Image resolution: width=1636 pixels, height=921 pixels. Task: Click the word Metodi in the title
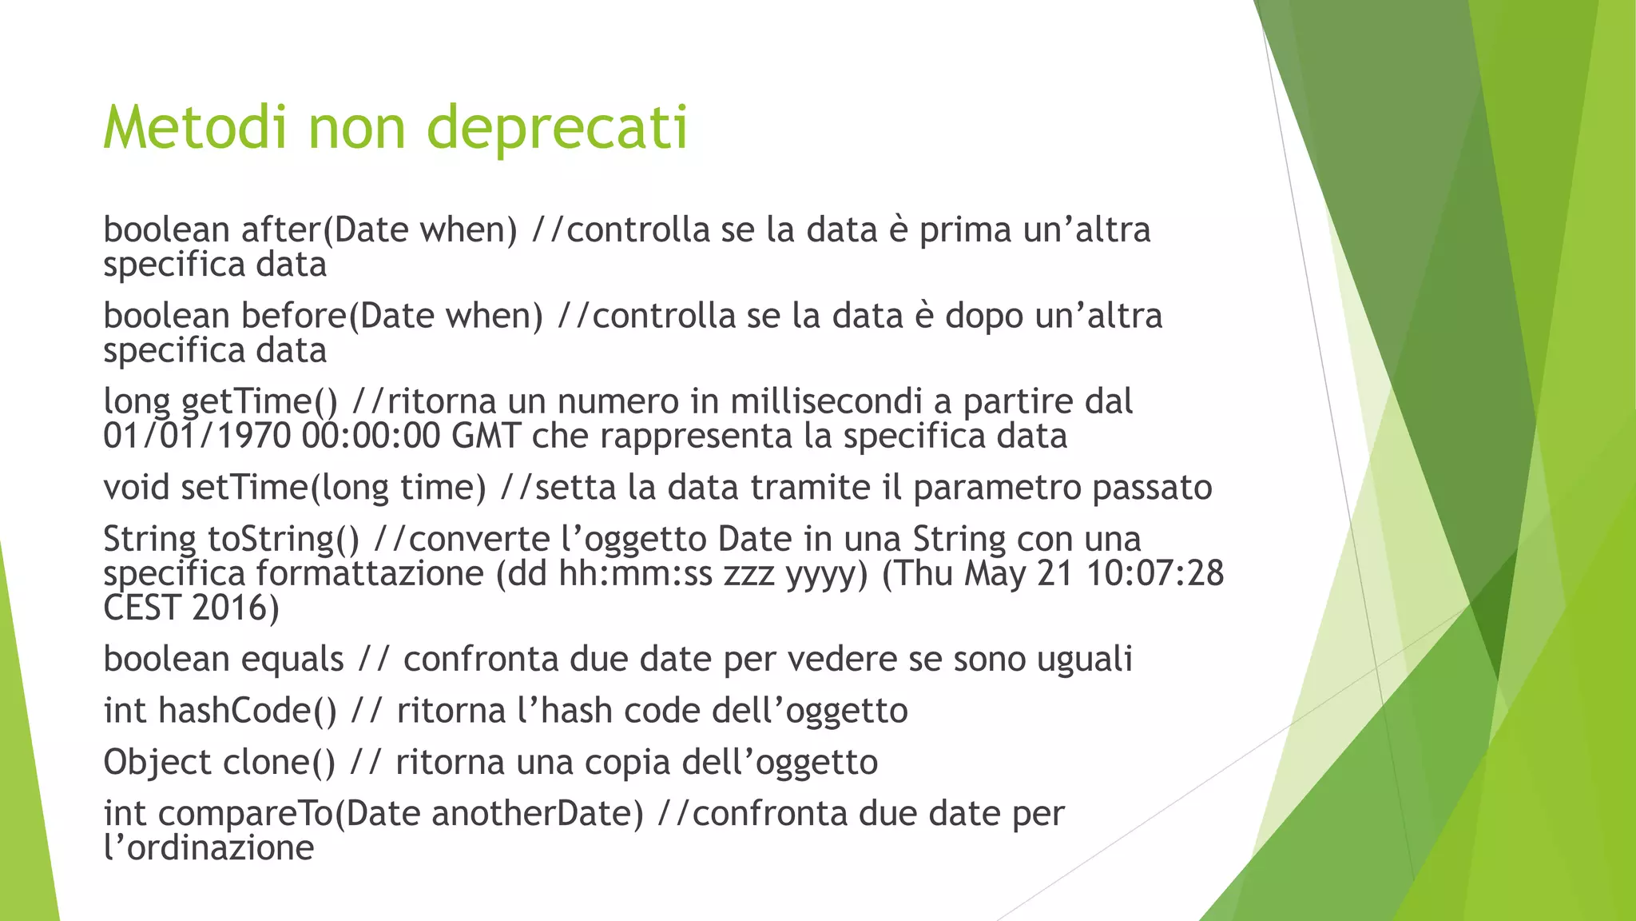pyautogui.click(x=194, y=127)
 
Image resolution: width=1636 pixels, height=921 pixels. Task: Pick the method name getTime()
pyautogui.click(x=260, y=402)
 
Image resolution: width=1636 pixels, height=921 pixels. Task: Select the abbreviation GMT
pyautogui.click(x=486, y=437)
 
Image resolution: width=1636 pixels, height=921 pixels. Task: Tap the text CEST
pyautogui.click(x=141, y=608)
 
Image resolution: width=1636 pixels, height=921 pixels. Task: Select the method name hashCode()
pyautogui.click(x=248, y=711)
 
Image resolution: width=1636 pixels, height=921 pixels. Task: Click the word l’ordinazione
pyautogui.click(x=208, y=848)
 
